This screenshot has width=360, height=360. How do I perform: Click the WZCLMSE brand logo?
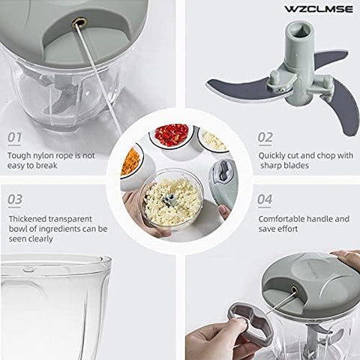tap(319, 9)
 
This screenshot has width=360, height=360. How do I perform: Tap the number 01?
tap(14, 137)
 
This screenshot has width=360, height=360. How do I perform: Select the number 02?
tap(265, 137)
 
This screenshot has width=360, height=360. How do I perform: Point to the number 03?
tap(15, 199)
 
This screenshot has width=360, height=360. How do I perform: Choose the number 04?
tap(265, 199)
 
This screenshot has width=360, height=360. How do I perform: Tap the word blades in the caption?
tap(295, 166)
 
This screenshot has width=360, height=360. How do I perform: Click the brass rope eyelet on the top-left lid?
tap(79, 23)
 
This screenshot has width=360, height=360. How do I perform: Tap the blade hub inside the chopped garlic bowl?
tap(169, 200)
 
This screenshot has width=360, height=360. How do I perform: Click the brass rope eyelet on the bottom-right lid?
tap(294, 290)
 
